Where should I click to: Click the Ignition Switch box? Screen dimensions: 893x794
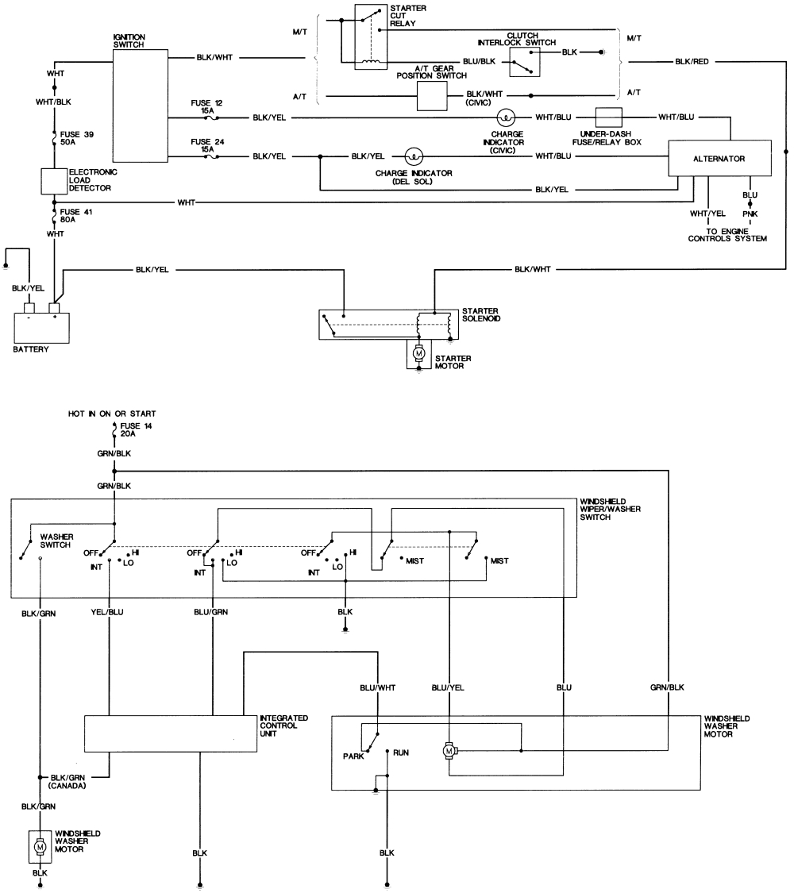click(x=141, y=106)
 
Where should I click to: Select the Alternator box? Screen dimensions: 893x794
click(x=719, y=159)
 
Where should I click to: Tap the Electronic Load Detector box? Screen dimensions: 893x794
click(x=53, y=181)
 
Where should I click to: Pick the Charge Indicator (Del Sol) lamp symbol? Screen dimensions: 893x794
click(x=414, y=156)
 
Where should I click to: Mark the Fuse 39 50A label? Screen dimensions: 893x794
click(x=77, y=137)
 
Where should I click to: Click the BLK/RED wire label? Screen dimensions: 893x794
click(x=692, y=61)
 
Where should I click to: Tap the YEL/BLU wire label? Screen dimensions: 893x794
click(x=108, y=612)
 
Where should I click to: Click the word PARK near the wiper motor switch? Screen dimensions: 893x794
click(x=353, y=756)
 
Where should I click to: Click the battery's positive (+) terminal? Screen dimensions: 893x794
click(x=55, y=307)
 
